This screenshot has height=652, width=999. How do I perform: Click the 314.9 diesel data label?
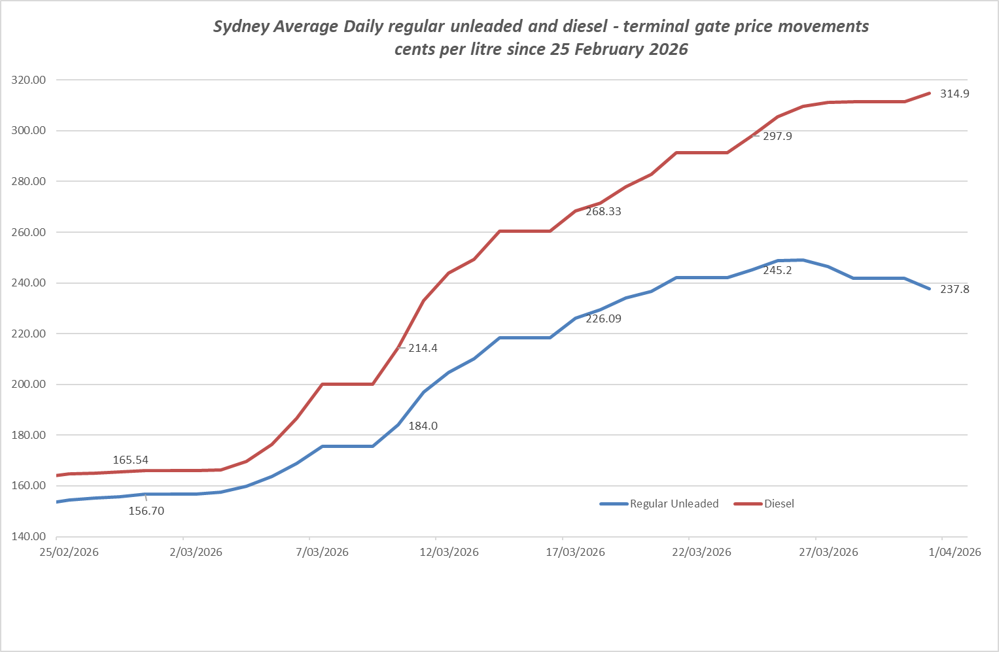pyautogui.click(x=955, y=94)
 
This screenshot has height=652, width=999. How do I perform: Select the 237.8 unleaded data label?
pyautogui.click(x=955, y=289)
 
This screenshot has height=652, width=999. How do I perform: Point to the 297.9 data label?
pyautogui.click(x=777, y=136)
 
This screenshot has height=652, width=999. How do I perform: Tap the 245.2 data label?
pyautogui.click(x=777, y=270)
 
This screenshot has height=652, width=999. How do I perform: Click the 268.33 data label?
pyautogui.click(x=603, y=211)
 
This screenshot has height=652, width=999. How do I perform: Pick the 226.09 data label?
pyautogui.click(x=603, y=318)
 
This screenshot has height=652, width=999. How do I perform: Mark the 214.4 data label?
pyautogui.click(x=423, y=348)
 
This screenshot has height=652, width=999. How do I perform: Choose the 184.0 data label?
pyautogui.click(x=423, y=426)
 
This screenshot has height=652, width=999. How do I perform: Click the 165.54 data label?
pyautogui.click(x=130, y=460)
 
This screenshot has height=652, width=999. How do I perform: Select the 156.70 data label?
pyautogui.click(x=146, y=511)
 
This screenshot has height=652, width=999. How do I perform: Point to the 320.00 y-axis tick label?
pyautogui.click(x=29, y=80)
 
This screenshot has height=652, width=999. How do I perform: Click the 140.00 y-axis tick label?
pyautogui.click(x=29, y=536)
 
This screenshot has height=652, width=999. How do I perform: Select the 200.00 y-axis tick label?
pyautogui.click(x=29, y=384)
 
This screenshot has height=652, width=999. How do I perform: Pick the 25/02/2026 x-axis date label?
pyautogui.click(x=69, y=552)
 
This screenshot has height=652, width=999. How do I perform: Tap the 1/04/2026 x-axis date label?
pyautogui.click(x=955, y=552)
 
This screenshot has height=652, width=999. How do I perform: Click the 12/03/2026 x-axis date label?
pyautogui.click(x=449, y=552)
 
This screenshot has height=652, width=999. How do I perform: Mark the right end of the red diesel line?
pyautogui.click(x=929, y=93)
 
